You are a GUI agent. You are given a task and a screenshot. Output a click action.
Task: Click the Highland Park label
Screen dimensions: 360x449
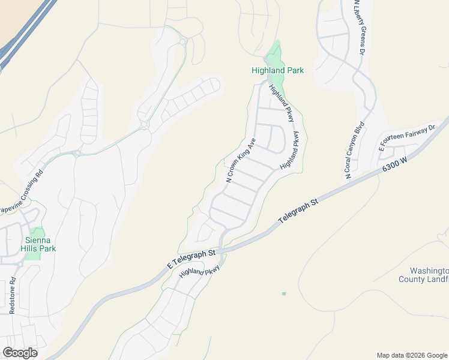(277, 70)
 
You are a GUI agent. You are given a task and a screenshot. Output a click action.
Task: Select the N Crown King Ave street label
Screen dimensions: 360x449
(241, 160)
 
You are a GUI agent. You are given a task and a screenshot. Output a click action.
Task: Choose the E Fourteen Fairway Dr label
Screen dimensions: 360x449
(406, 138)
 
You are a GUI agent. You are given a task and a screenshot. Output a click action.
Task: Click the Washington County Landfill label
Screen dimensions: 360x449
(424, 275)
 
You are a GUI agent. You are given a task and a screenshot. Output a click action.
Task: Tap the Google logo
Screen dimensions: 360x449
(20, 353)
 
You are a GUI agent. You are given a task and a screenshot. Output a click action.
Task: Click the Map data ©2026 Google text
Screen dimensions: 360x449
(412, 355)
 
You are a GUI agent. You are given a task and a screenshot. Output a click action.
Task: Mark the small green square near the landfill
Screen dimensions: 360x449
(284, 293)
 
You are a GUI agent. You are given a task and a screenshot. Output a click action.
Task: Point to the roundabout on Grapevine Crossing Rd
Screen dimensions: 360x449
(78, 152)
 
